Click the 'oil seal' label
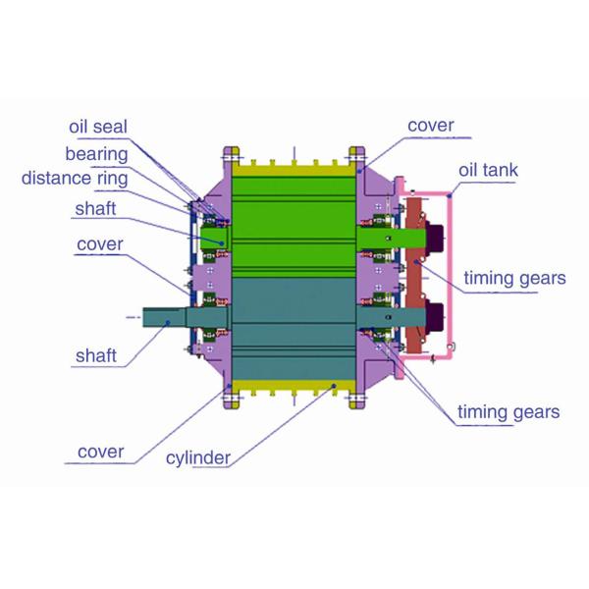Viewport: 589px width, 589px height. pos(98,128)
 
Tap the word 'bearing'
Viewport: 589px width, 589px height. pos(96,154)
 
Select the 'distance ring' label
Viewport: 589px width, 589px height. pos(73,179)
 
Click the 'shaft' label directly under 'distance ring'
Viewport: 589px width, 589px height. pos(98,209)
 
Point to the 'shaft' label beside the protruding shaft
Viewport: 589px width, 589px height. pos(100,354)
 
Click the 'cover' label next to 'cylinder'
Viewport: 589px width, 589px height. pos(100,452)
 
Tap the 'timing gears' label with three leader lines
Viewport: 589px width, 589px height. pos(509,411)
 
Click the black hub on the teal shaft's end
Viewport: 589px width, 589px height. pos(433,316)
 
